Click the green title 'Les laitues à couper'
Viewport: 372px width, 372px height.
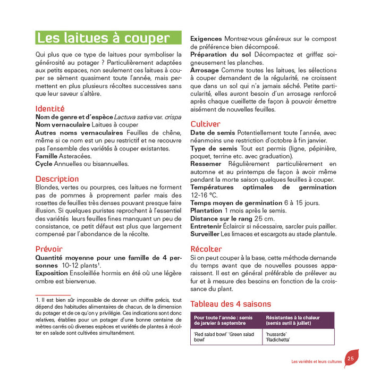pyautogui.click(x=103, y=38)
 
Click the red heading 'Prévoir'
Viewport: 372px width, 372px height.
pyautogui.click(x=49, y=249)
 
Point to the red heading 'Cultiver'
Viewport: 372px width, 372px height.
pyautogui.click(x=205, y=124)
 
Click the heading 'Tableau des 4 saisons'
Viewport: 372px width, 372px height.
pyautogui.click(x=230, y=304)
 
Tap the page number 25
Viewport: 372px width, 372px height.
pyautogui.click(x=351, y=358)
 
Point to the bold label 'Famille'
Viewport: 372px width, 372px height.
pyautogui.click(x=47, y=156)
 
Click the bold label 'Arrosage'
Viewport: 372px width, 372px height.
pyautogui.click(x=205, y=70)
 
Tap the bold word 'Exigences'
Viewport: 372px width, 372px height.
pyautogui.click(x=207, y=39)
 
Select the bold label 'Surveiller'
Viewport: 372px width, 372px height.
pyautogui.click(x=205, y=234)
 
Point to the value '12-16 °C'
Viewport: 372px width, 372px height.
pyautogui.click(x=204, y=195)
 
